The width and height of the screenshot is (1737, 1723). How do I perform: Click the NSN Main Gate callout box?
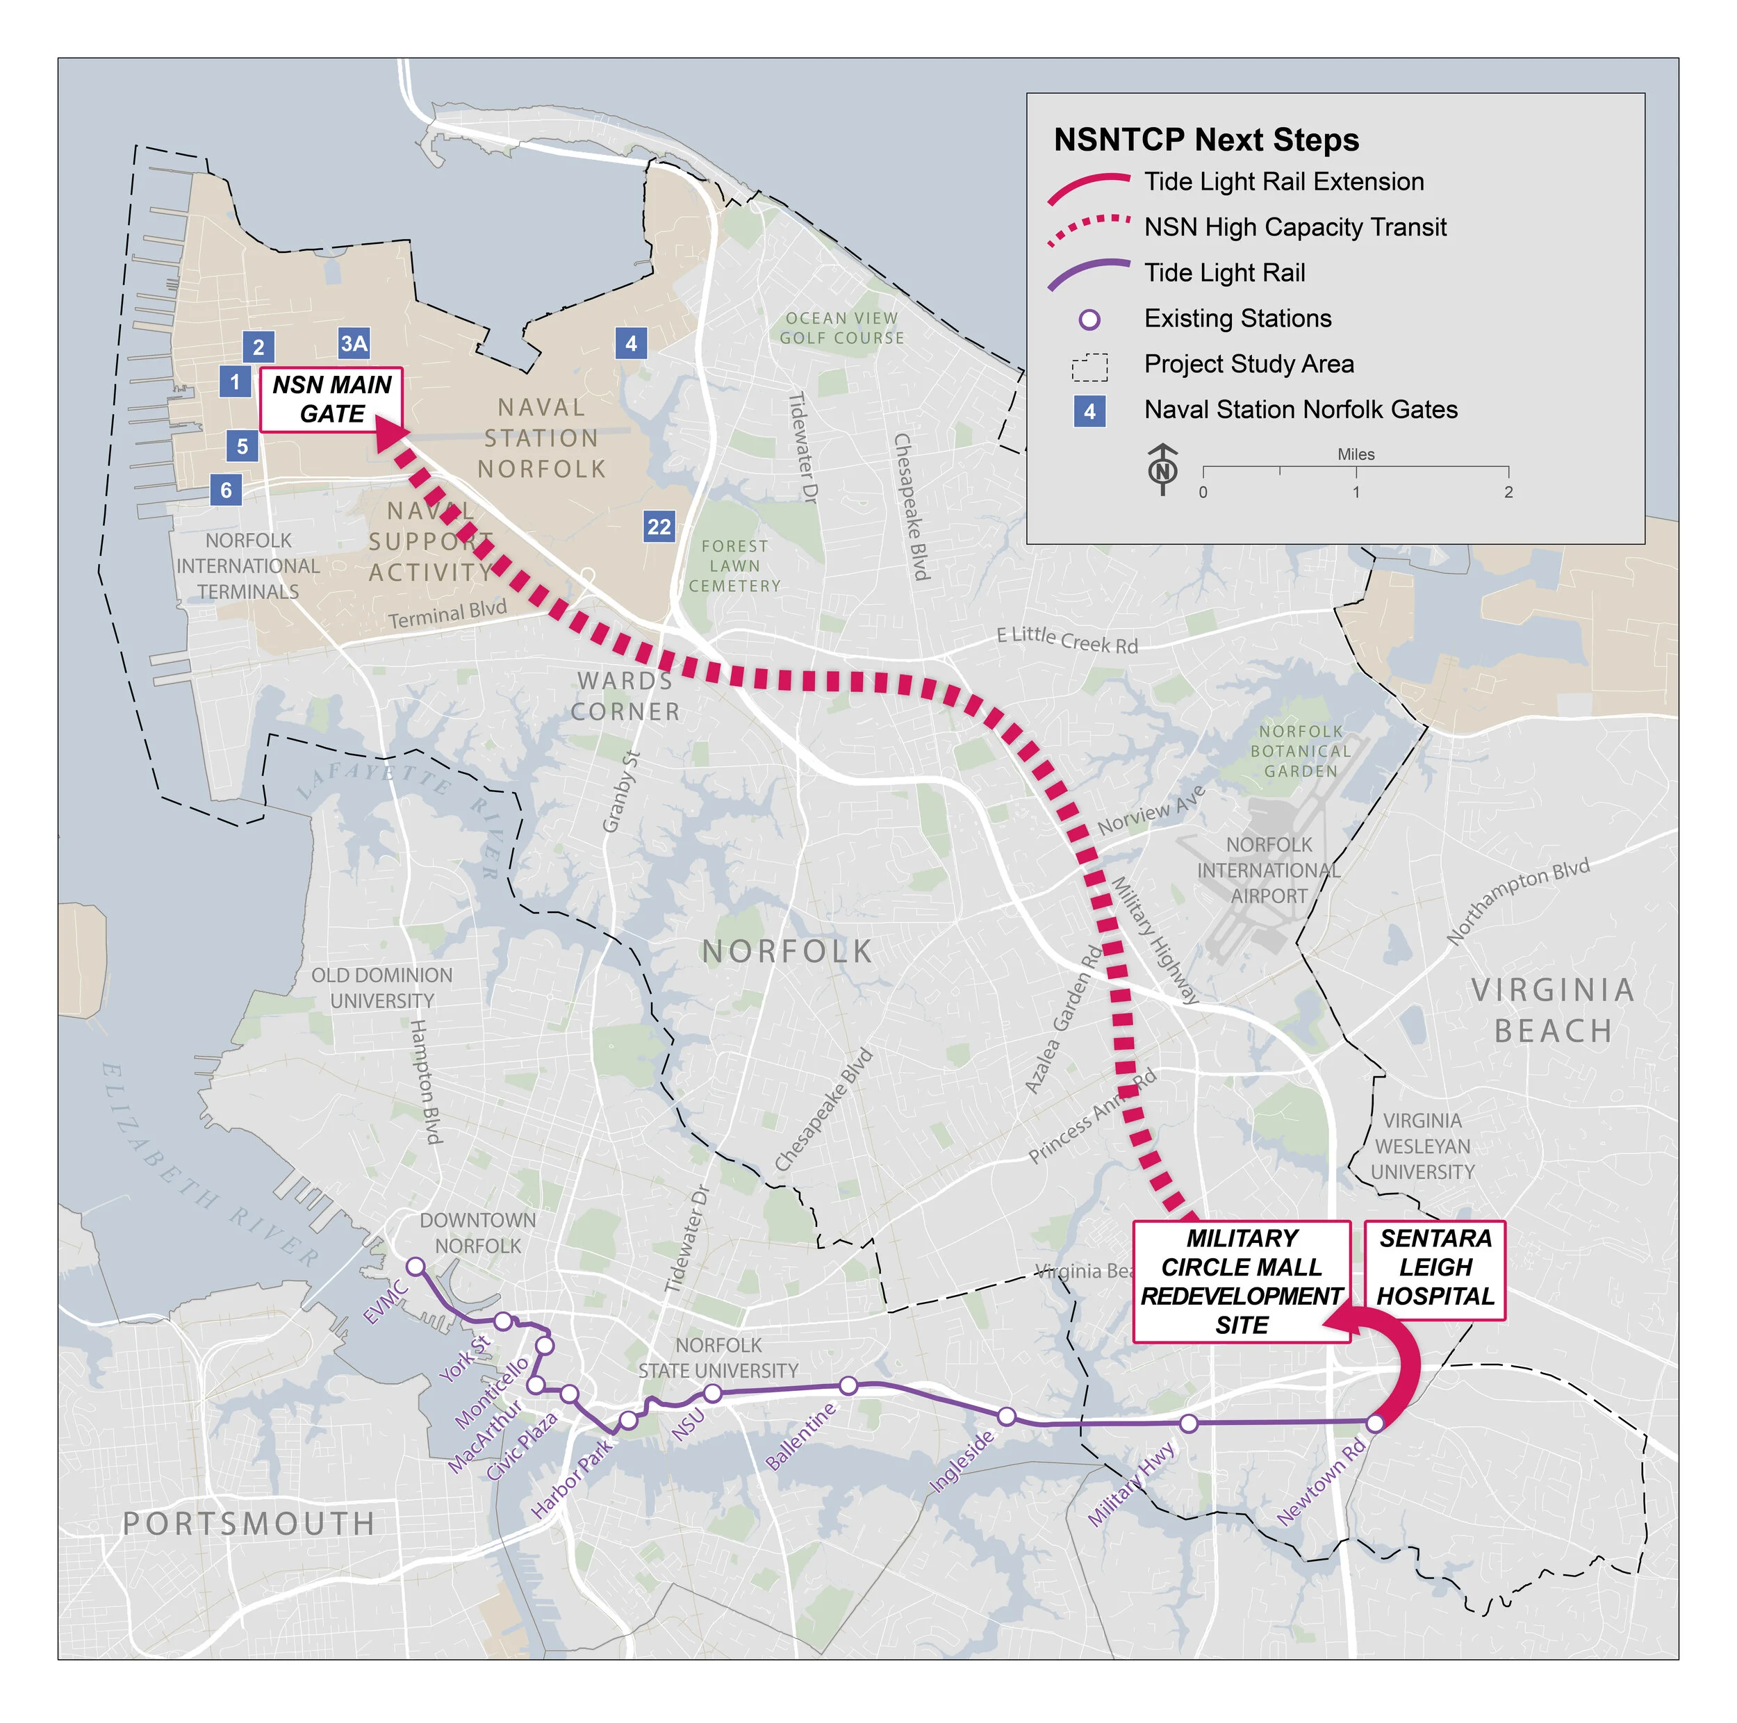pyautogui.click(x=331, y=399)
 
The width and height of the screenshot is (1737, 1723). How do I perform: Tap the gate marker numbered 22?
pyautogui.click(x=659, y=527)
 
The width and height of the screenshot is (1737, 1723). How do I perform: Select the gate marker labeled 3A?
pyautogui.click(x=354, y=343)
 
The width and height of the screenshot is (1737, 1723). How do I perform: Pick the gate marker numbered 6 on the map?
pyautogui.click(x=226, y=490)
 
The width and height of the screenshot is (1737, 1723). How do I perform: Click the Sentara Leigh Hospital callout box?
pyautogui.click(x=1434, y=1268)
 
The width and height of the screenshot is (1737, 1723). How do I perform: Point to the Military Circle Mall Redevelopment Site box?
pyautogui.click(x=1241, y=1281)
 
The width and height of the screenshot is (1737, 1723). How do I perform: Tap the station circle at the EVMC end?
pyautogui.click(x=415, y=1267)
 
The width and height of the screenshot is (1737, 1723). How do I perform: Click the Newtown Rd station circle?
pyautogui.click(x=1375, y=1424)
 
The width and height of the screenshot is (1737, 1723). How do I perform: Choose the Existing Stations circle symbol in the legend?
pyautogui.click(x=1089, y=319)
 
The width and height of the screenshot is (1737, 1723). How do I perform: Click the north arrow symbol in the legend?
pyautogui.click(x=1162, y=469)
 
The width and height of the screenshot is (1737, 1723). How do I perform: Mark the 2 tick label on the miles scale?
pyautogui.click(x=1508, y=493)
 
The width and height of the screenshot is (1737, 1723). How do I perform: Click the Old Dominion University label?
pyautogui.click(x=382, y=988)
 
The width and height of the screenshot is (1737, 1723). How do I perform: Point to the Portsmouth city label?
pyautogui.click(x=248, y=1524)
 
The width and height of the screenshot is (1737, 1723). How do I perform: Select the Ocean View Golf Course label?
pyautogui.click(x=841, y=328)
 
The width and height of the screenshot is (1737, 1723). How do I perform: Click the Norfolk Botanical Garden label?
pyautogui.click(x=1300, y=752)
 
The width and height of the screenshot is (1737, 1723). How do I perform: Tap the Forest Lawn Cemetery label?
pyautogui.click(x=734, y=566)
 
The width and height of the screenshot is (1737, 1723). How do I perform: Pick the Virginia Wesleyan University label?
pyautogui.click(x=1422, y=1146)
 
